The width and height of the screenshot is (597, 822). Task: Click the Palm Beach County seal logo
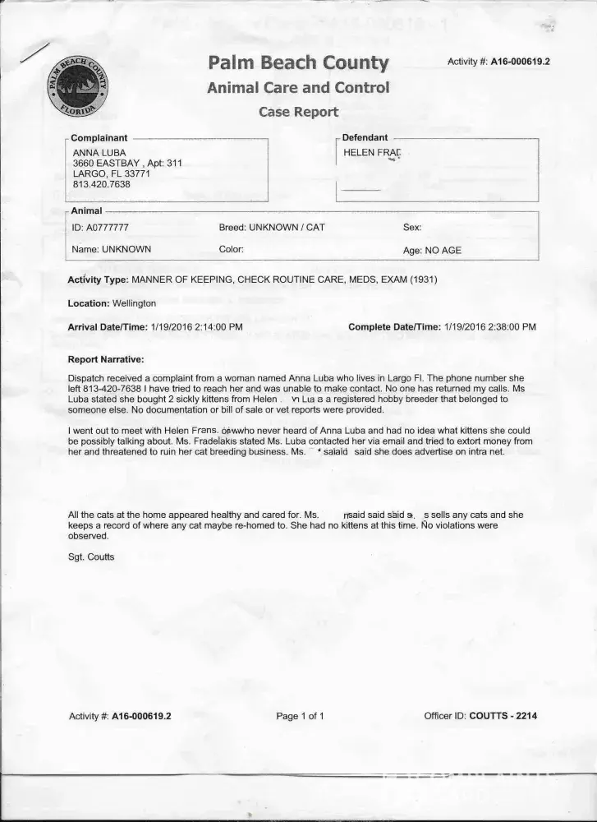pyautogui.click(x=78, y=88)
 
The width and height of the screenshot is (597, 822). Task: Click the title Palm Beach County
pyautogui.click(x=298, y=62)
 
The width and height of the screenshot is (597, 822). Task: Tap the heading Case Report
pyautogui.click(x=298, y=112)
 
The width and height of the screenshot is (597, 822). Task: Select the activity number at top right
pyautogui.click(x=498, y=62)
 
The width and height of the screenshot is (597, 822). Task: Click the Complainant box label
pyautogui.click(x=99, y=138)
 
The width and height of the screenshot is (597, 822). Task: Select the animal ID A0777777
pyautogui.click(x=100, y=228)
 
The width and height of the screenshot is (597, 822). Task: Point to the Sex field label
pyautogui.click(x=411, y=228)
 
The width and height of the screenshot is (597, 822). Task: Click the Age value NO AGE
pyautogui.click(x=443, y=251)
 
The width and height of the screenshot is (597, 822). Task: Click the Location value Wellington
pyautogui.click(x=134, y=303)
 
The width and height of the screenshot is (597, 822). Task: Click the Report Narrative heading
pyautogui.click(x=106, y=360)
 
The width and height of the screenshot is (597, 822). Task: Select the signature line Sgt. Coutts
pyautogui.click(x=91, y=557)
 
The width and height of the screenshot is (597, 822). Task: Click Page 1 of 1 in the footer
pyautogui.click(x=300, y=716)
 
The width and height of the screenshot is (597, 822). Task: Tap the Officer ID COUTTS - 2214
pyautogui.click(x=503, y=716)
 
